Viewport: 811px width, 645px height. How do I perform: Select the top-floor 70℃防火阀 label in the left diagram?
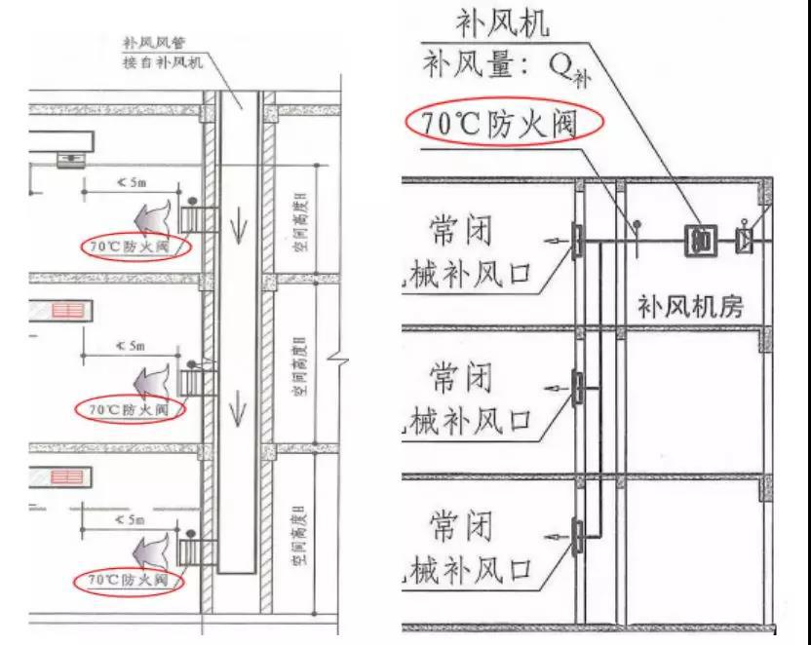(135, 247)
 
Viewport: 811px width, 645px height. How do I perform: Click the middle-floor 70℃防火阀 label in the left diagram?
(130, 409)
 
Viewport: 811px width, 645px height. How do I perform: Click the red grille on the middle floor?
(68, 311)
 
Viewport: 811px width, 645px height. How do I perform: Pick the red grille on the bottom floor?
(68, 478)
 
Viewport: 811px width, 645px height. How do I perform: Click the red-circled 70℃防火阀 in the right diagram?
(492, 124)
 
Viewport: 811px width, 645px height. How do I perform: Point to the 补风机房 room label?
(690, 307)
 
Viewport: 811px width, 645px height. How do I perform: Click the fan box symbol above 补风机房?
(700, 240)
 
